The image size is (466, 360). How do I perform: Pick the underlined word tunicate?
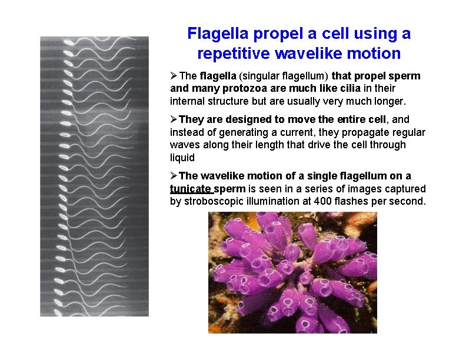[x=191, y=189]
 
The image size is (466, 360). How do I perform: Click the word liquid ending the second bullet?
[x=182, y=157]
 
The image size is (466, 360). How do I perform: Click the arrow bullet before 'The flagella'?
[x=174, y=76]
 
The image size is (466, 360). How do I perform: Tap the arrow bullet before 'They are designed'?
[x=174, y=119]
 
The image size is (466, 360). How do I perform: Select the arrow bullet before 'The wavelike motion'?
[x=174, y=176]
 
